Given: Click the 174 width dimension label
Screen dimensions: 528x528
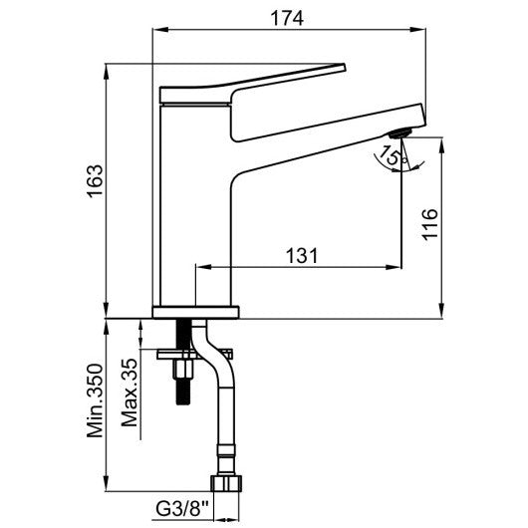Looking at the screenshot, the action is point(287,18).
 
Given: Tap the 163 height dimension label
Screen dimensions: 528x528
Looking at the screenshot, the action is point(95,181).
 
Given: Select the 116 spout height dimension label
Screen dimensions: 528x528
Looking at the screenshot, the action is point(430,224).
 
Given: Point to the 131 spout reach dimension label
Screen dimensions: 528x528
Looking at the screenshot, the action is point(302,256).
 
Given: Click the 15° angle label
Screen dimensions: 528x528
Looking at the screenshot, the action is point(392,155).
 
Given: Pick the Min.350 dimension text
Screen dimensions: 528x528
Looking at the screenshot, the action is point(95,400).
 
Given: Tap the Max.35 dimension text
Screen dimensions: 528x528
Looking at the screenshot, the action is point(130,393).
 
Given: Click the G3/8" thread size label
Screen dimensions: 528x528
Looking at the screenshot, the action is point(182,509).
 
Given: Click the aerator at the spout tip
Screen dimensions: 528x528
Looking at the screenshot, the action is point(399,132).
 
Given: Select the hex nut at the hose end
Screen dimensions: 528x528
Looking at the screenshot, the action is point(226,483).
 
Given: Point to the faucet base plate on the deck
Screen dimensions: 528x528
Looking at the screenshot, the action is point(195,312).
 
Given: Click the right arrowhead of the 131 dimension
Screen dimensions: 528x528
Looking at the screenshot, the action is point(394,267).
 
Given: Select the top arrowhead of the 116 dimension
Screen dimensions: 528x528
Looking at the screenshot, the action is point(441,145).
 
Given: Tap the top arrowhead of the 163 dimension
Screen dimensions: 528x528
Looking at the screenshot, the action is point(106,71).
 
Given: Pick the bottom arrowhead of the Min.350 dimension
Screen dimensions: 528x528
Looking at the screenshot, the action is point(106,483).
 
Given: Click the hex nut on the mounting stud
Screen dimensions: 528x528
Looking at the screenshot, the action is point(183,370).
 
